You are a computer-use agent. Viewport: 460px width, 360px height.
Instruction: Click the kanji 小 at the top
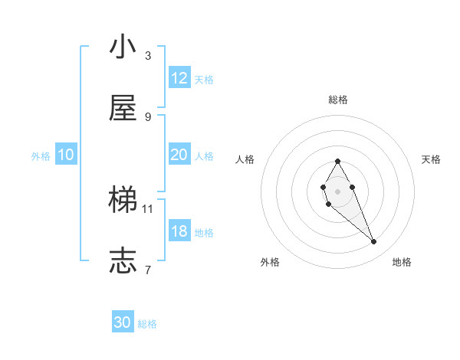point(123,47)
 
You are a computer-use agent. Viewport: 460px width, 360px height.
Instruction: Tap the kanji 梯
point(123,201)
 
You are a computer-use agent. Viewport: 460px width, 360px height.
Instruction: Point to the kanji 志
point(123,261)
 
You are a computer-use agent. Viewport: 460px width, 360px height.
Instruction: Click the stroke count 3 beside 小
point(148,55)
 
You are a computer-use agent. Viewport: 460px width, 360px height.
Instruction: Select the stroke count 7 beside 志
point(148,270)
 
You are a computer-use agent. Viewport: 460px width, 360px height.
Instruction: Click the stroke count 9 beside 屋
point(148,116)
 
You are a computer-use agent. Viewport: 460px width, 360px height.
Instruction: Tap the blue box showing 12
point(179,78)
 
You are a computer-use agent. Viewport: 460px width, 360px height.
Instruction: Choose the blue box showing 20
point(179,155)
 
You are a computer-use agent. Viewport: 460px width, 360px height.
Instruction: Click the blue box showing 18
point(179,231)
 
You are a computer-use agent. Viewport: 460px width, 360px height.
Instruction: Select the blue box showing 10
point(66,155)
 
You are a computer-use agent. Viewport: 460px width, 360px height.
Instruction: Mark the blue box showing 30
point(123,322)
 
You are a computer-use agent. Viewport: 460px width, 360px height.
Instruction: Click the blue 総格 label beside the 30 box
point(147,324)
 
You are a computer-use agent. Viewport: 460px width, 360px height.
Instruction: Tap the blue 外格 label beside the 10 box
point(41,155)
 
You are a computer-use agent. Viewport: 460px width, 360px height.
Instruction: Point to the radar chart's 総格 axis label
point(338,100)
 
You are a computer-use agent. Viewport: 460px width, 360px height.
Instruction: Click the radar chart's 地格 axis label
point(402,262)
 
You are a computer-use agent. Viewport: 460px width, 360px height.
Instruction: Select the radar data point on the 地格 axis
point(374,242)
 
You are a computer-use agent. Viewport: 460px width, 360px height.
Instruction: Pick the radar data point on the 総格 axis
point(337,161)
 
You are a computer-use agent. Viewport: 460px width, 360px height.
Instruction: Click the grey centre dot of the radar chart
point(337,191)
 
